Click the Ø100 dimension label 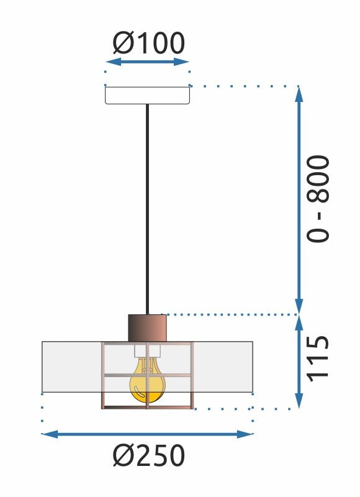pyautogui.click(x=148, y=43)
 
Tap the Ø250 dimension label pyautogui.click(x=149, y=457)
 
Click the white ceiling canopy pyautogui.click(x=147, y=95)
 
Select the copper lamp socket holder pyautogui.click(x=147, y=327)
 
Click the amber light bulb pyautogui.click(x=147, y=382)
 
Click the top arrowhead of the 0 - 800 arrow pyautogui.click(x=299, y=92)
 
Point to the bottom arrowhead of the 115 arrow pyautogui.click(x=299, y=403)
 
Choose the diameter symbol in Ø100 pyautogui.click(x=121, y=43)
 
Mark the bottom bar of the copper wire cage pyautogui.click(x=147, y=408)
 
